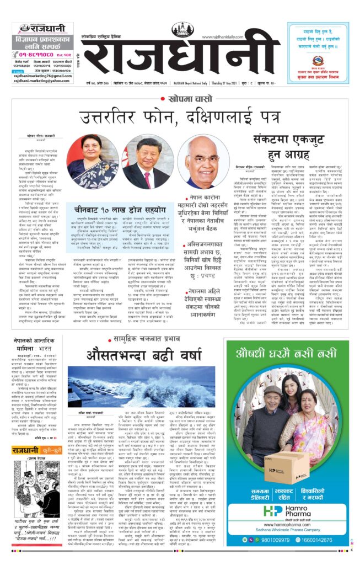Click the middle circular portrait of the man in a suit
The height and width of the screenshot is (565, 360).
tap(146, 163)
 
